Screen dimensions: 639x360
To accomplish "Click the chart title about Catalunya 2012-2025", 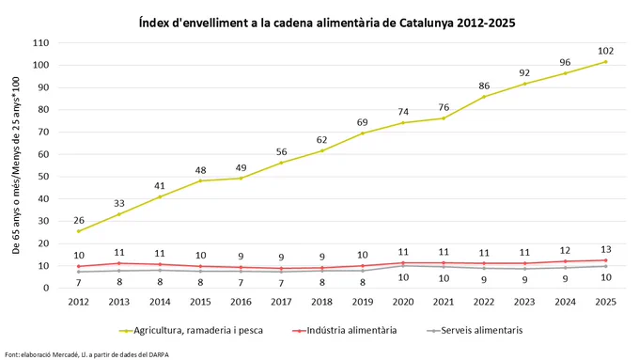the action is (x=327, y=23).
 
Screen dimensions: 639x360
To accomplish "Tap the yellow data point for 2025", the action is (x=605, y=62).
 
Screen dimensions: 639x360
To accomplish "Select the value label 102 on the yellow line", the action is (x=605, y=51).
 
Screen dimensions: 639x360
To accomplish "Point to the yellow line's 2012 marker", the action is (x=79, y=231).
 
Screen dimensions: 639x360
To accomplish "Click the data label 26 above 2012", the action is (x=79, y=221).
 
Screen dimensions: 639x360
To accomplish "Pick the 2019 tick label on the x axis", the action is (x=363, y=302).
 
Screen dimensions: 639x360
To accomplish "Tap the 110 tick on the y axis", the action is (x=40, y=43).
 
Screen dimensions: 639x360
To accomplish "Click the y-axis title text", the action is (x=16, y=165).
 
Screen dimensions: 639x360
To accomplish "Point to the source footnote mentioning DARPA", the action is (x=86, y=354).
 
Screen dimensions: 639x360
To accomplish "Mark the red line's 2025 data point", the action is (x=605, y=260).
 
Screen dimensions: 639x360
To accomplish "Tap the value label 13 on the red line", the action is (x=605, y=249).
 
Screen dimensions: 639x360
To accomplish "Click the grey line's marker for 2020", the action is (x=403, y=266).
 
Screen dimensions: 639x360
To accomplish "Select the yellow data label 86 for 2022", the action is (x=484, y=86).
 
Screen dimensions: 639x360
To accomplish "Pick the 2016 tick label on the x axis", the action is (x=241, y=302).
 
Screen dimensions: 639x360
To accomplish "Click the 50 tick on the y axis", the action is (x=43, y=177).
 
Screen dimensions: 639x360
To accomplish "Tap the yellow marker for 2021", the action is (x=444, y=118).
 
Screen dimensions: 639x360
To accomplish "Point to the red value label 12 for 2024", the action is (x=565, y=251).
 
